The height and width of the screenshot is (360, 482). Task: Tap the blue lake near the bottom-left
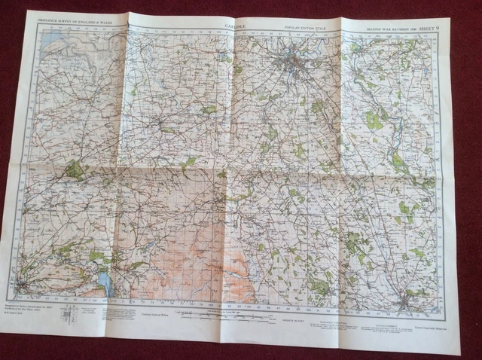click(102, 283)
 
